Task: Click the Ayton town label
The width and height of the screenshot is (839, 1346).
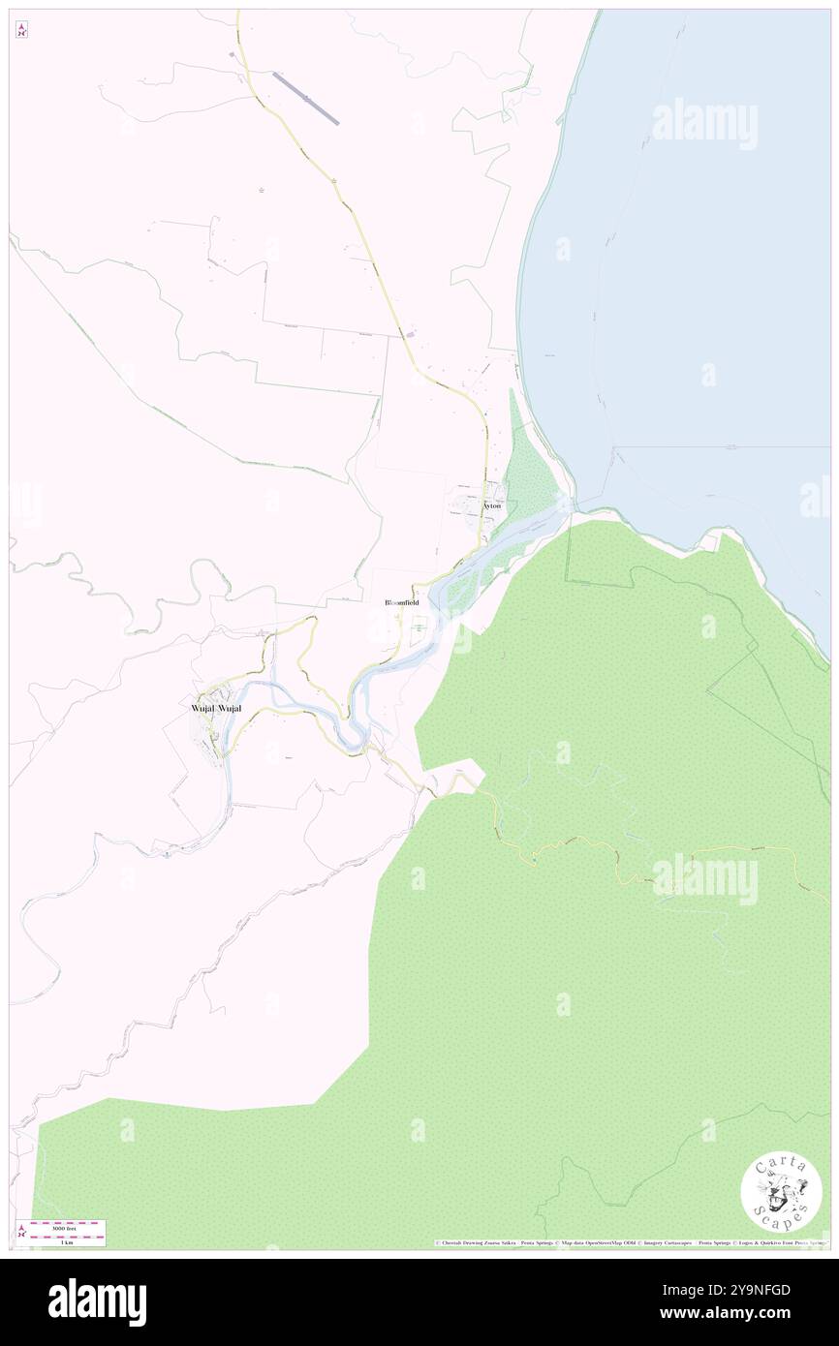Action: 493,505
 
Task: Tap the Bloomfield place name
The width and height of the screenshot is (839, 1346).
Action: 402,602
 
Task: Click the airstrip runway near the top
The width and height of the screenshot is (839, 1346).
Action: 306,98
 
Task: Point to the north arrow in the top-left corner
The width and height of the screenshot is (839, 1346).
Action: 21,30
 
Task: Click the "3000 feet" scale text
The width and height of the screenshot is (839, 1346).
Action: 67,1225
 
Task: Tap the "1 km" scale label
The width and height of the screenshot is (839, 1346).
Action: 66,1241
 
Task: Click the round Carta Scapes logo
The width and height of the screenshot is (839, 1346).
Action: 781,1191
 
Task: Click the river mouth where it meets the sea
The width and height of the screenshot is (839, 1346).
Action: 566,504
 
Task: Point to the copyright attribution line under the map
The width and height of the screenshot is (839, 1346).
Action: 630,1243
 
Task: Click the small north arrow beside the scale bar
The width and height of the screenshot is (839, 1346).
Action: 21,1232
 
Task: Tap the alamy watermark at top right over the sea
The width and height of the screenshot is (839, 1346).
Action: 704,124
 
